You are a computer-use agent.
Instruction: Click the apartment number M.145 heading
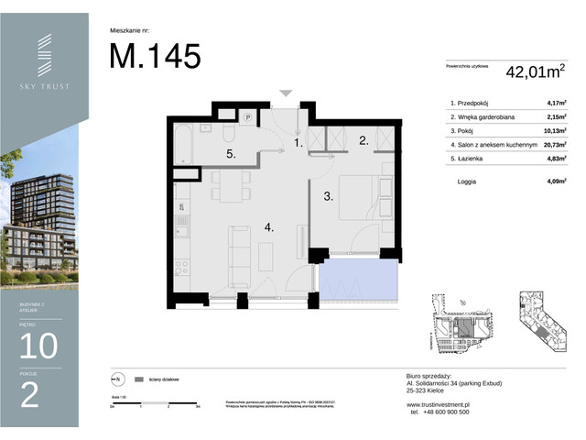click(x=155, y=57)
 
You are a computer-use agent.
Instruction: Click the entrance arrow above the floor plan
click(x=287, y=93)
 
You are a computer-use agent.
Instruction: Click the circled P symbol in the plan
click(x=247, y=116)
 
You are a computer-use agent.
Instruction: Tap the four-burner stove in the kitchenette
click(x=182, y=269)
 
